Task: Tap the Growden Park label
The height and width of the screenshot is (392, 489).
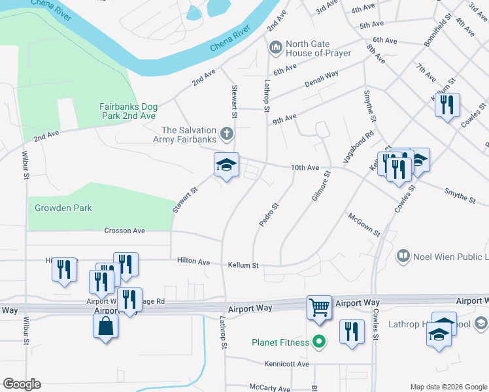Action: pyautogui.click(x=63, y=208)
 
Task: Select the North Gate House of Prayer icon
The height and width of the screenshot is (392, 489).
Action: pyautogui.click(x=275, y=48)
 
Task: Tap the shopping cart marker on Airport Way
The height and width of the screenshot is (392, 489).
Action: pyautogui.click(x=319, y=306)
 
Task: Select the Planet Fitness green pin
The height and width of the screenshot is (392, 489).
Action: pyautogui.click(x=319, y=342)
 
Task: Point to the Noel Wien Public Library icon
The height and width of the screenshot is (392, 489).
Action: pyautogui.click(x=403, y=256)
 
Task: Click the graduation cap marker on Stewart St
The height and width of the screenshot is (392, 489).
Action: pyautogui.click(x=226, y=165)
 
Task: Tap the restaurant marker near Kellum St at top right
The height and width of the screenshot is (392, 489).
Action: pyautogui.click(x=447, y=105)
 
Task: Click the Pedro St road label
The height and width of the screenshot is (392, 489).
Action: pyautogui.click(x=269, y=214)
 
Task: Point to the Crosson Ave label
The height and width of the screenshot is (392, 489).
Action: pyautogui.click(x=125, y=231)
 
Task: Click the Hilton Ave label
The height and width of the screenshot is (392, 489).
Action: pyautogui.click(x=194, y=261)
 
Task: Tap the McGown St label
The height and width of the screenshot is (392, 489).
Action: pyautogui.click(x=364, y=224)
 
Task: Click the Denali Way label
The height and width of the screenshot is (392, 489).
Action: pyautogui.click(x=322, y=80)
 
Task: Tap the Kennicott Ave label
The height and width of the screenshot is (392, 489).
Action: pyautogui.click(x=286, y=363)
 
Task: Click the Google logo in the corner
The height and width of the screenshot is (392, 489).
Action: pyautogui.click(x=22, y=384)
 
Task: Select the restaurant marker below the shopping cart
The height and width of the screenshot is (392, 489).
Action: pyautogui.click(x=352, y=331)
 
